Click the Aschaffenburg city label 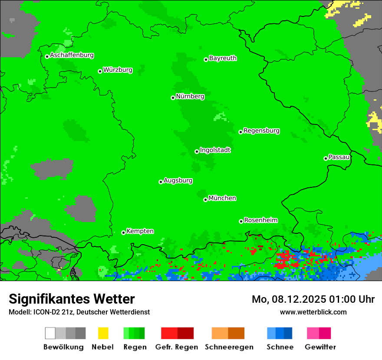click(72, 55)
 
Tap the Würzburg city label click(118, 70)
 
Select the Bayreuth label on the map click(223, 58)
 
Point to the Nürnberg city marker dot click(173, 98)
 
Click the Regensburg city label click(261, 131)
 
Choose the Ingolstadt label click(215, 150)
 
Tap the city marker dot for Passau click(326, 158)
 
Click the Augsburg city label click(178, 180)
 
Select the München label click(222, 198)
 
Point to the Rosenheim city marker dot click(241, 221)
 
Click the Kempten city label click(140, 231)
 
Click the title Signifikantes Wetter click(72, 299)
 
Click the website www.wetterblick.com click(313, 312)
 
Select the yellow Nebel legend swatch click(103, 333)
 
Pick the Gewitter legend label click(320, 347)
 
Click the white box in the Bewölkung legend click(50, 333)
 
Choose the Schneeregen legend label click(229, 347)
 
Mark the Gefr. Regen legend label click(177, 347)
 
